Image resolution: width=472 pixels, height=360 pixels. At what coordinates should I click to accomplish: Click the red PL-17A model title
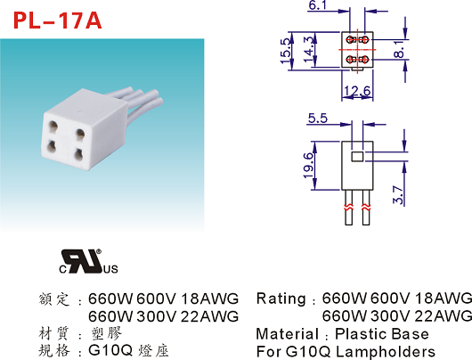[58, 20]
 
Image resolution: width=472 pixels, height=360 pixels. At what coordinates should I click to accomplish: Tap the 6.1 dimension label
[318, 5]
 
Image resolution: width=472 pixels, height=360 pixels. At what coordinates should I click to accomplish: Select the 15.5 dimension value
[286, 51]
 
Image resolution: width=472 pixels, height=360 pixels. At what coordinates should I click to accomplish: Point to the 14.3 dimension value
[309, 49]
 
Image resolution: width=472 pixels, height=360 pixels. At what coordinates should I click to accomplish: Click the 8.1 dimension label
[399, 49]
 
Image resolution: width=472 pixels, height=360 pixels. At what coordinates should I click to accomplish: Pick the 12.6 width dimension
[357, 90]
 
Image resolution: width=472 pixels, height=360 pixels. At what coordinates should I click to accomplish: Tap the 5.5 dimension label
[318, 119]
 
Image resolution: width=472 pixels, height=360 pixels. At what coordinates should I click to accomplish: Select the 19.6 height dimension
[308, 166]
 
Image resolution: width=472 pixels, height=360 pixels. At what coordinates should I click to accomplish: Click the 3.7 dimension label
[398, 194]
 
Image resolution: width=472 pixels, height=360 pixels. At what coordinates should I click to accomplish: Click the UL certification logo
[88, 261]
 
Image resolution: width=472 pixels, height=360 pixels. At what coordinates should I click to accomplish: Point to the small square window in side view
[357, 157]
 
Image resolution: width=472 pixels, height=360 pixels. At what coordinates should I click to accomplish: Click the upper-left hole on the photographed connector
[53, 126]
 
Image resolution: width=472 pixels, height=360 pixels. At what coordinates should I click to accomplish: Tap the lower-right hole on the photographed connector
[79, 154]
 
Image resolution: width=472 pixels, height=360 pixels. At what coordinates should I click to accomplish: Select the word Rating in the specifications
[281, 299]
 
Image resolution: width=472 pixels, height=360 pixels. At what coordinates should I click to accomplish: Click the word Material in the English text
[287, 334]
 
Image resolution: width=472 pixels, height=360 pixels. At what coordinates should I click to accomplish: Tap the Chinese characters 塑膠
[107, 333]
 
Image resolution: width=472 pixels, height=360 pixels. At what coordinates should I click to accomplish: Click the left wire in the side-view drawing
[348, 208]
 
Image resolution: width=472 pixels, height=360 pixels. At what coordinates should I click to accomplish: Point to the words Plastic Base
[382, 334]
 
